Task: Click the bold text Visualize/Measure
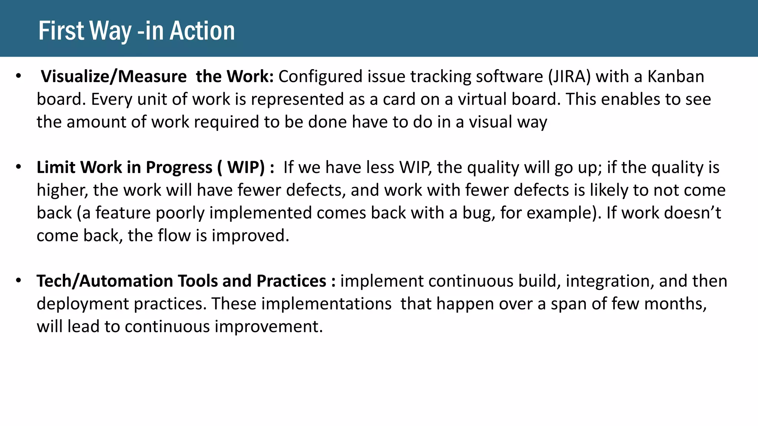pos(114,77)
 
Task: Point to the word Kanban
pos(675,77)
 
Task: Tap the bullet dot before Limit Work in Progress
pos(19,167)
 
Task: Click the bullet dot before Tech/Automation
pos(19,281)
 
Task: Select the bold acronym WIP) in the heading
pos(245,168)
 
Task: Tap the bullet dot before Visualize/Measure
pos(19,77)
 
